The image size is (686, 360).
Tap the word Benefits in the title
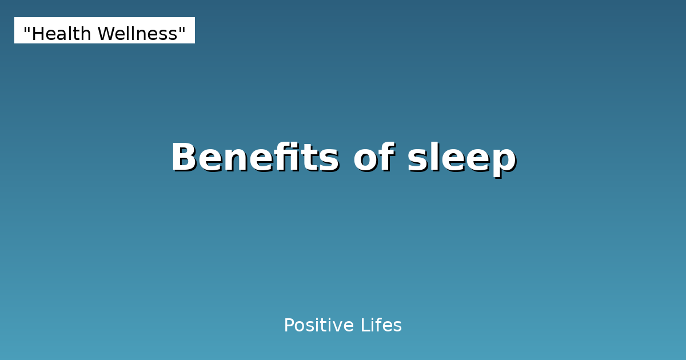254,157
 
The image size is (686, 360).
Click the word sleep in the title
461,158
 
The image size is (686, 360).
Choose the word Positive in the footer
318,326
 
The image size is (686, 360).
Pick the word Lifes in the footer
381,326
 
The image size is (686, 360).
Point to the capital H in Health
38,34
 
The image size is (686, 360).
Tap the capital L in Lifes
364,326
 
